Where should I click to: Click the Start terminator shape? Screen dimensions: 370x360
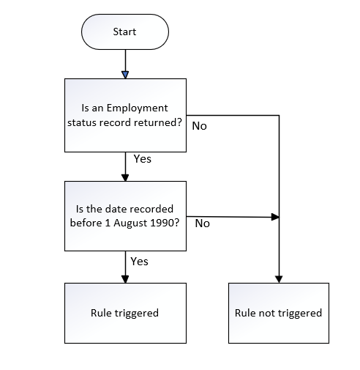click(x=124, y=32)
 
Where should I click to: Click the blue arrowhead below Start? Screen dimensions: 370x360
click(x=125, y=74)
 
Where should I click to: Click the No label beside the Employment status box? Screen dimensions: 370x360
click(x=199, y=126)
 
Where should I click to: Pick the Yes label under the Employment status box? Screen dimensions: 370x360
click(x=143, y=158)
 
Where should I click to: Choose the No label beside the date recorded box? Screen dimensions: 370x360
click(x=203, y=223)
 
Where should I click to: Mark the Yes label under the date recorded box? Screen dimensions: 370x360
click(x=139, y=260)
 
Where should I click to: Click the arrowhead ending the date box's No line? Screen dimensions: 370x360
click(x=275, y=217)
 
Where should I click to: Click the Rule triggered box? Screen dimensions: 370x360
click(x=124, y=313)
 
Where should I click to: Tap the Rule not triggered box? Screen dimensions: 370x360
click(x=278, y=313)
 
